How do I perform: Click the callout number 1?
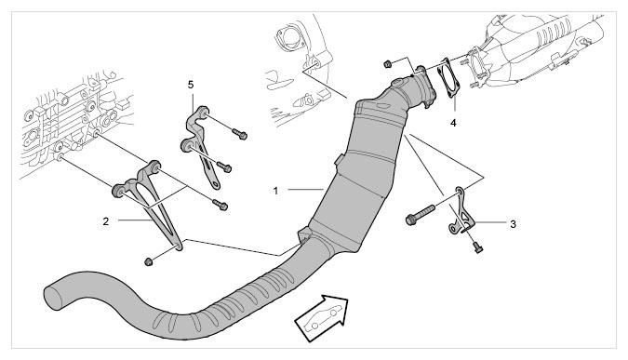point(275,191)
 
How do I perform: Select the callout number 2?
point(106,221)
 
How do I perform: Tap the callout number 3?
point(513,224)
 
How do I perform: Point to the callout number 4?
point(453,123)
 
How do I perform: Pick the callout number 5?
point(190,85)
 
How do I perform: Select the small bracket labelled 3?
point(461,211)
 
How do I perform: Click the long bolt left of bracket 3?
point(421,214)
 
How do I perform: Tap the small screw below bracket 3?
point(478,247)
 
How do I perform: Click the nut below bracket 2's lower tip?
point(148,262)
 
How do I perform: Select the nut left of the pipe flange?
point(387,63)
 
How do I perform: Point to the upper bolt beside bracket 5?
point(239,134)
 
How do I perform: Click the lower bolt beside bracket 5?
point(223,167)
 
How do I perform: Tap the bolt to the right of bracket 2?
point(220,205)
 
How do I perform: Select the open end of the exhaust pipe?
point(53,297)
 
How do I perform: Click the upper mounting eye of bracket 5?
point(203,113)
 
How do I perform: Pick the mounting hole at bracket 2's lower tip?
point(179,245)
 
